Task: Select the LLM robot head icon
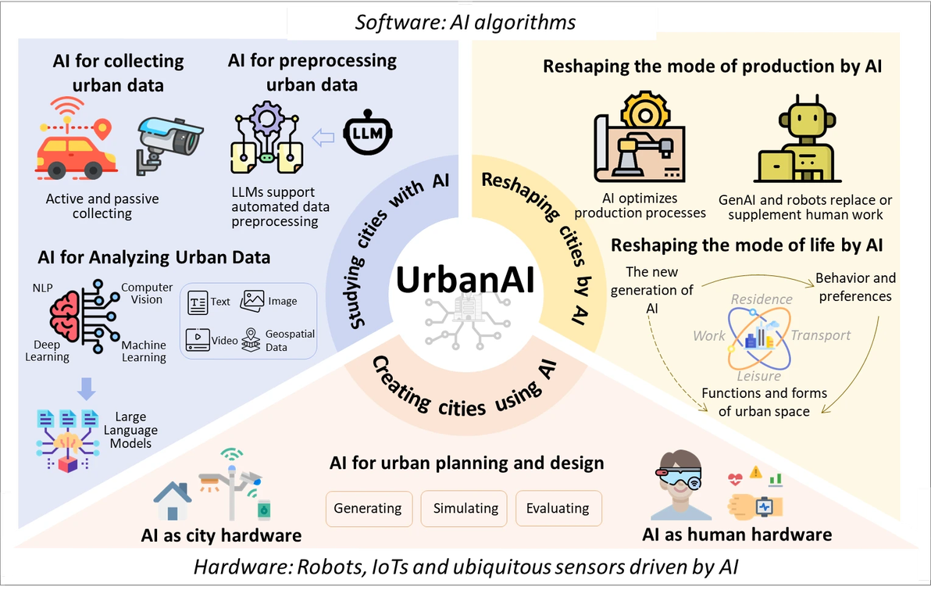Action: click(368, 132)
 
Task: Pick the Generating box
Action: click(369, 509)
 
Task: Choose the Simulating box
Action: click(464, 509)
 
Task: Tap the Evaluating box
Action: click(558, 509)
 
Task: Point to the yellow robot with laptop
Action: click(797, 141)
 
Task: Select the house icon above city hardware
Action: click(173, 501)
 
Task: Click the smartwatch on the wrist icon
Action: click(756, 506)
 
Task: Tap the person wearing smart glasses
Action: click(681, 485)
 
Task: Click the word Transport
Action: click(821, 335)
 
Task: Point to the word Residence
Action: click(762, 299)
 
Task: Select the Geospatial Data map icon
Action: click(251, 340)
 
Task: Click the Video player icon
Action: click(198, 340)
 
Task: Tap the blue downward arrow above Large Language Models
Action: click(86, 388)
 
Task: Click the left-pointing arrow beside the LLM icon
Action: click(323, 138)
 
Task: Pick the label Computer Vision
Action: click(147, 293)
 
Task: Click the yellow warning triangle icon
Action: click(755, 472)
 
